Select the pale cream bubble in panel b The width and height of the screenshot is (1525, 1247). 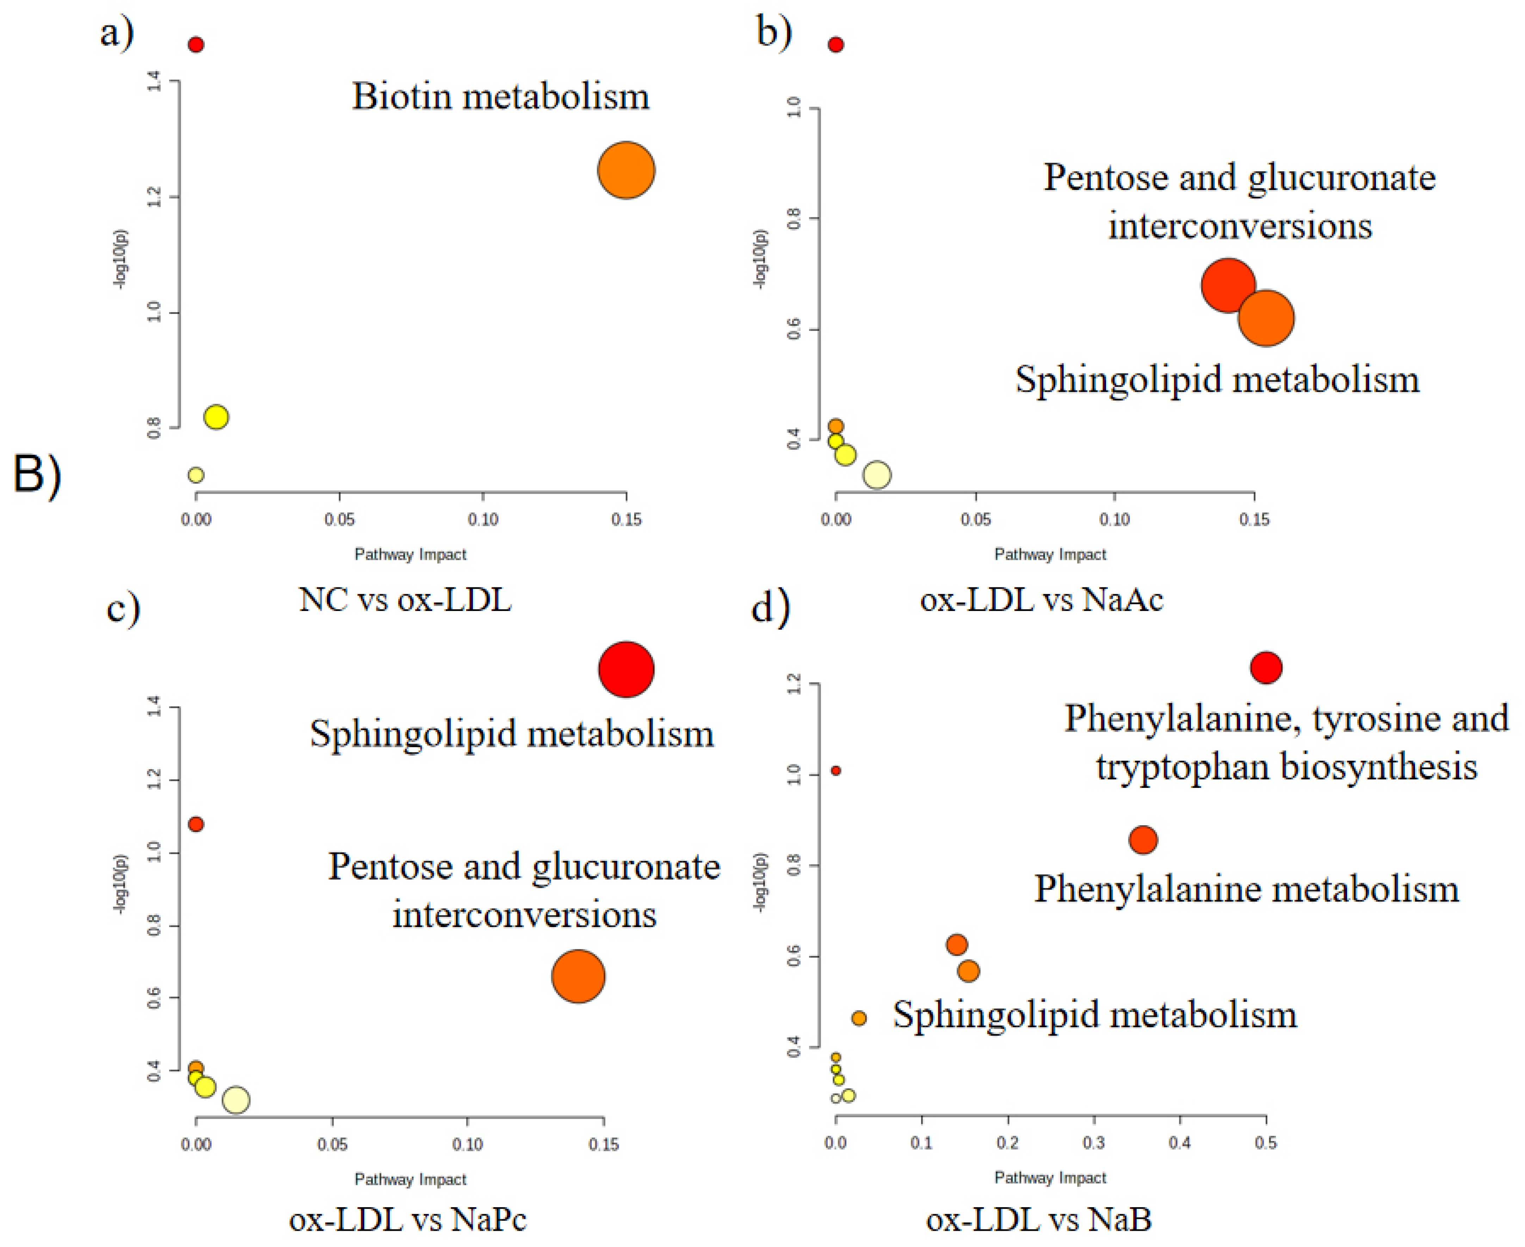coord(876,475)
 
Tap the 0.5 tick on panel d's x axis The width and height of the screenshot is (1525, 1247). coord(1266,1142)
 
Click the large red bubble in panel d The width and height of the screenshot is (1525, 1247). coord(1266,667)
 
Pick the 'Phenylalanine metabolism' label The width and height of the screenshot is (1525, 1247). coord(1246,889)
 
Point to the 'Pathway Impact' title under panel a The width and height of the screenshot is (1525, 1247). coord(410,555)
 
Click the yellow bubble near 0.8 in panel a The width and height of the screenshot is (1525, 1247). coord(216,416)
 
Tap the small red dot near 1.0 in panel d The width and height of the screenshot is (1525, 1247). coord(835,771)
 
